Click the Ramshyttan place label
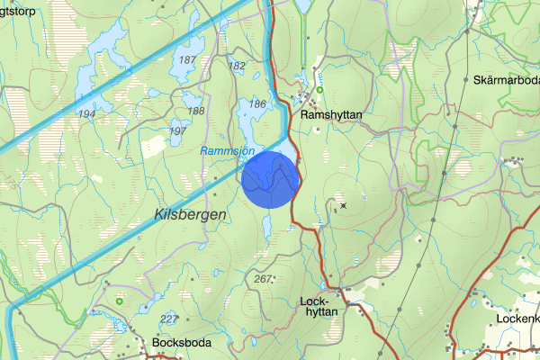[332, 115]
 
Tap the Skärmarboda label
[505, 80]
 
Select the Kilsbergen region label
[188, 214]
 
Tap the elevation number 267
[264, 280]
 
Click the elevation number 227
[168, 319]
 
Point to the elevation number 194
[86, 114]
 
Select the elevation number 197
[178, 131]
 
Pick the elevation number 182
[238, 66]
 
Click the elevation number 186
[256, 104]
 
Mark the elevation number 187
[187, 59]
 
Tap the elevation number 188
[195, 111]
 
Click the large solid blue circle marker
[270, 179]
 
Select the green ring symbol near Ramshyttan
[319, 88]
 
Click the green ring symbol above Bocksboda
[119, 301]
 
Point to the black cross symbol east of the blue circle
[343, 206]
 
